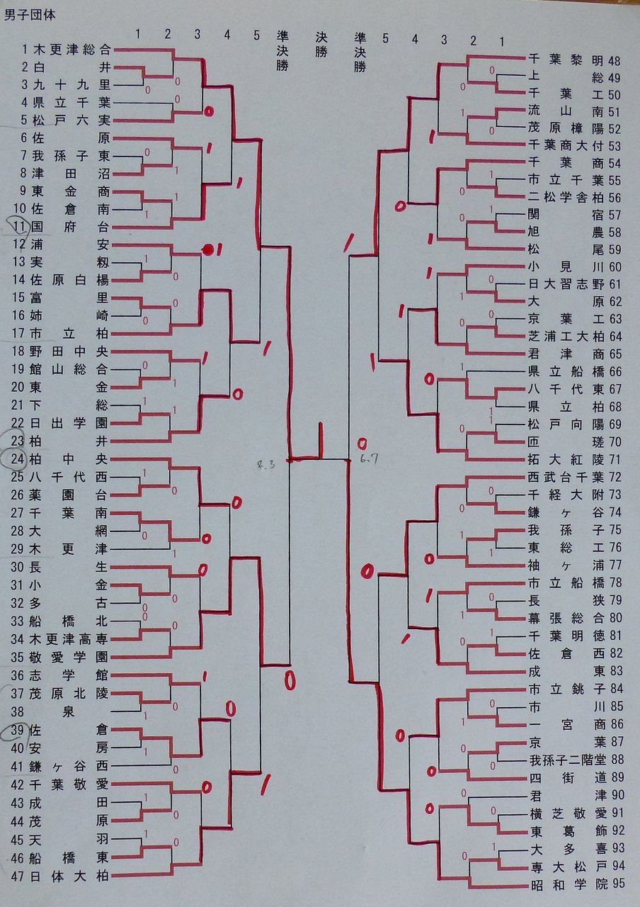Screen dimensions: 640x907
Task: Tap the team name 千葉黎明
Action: (564, 59)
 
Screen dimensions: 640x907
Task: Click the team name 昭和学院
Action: (564, 884)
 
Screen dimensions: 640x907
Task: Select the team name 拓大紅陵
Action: (564, 458)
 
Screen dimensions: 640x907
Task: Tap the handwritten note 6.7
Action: (370, 459)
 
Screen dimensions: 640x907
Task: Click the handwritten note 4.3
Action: (265, 465)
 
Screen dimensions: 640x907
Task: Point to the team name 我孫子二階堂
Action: (564, 760)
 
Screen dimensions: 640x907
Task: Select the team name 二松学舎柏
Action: (564, 197)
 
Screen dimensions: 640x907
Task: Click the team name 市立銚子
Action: (564, 689)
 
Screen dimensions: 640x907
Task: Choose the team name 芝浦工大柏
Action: (564, 335)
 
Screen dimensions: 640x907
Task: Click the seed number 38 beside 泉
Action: (20, 711)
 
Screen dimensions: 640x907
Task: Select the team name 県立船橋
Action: (564, 371)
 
